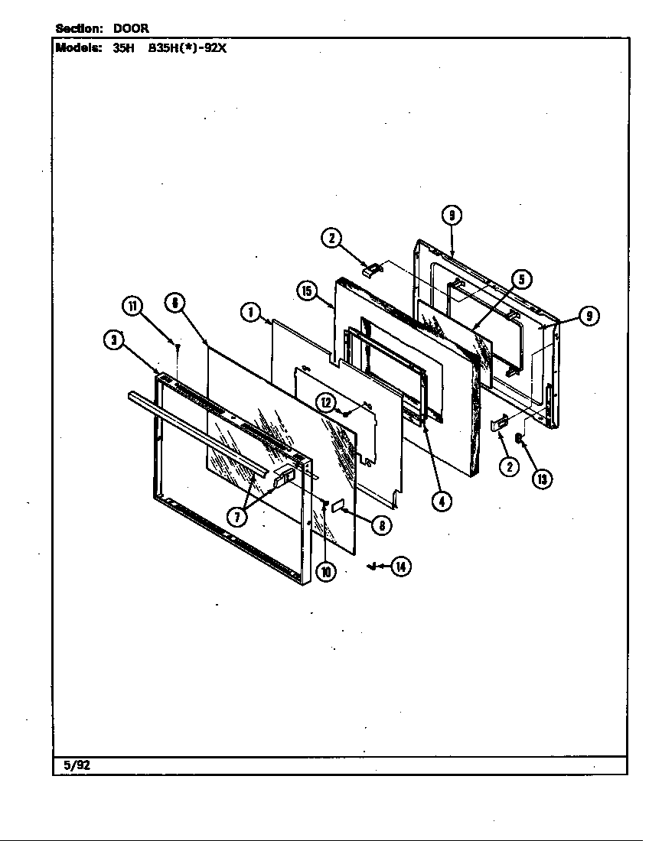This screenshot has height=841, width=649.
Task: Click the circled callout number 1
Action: tap(249, 311)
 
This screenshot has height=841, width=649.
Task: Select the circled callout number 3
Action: tap(114, 342)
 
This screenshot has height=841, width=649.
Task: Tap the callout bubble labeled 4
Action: tap(441, 501)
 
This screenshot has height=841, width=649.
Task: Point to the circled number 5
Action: tap(521, 279)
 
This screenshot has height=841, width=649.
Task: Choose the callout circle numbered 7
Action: tap(238, 516)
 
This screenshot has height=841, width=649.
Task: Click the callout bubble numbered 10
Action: tap(326, 571)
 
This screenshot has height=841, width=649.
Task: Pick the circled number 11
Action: tap(133, 307)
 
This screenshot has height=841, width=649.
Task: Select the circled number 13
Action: tap(542, 479)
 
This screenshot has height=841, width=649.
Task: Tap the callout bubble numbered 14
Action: tap(401, 567)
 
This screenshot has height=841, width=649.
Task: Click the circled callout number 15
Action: tap(307, 291)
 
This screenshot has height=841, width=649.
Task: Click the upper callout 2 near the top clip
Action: tap(331, 238)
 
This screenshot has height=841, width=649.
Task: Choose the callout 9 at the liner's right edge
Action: tap(589, 316)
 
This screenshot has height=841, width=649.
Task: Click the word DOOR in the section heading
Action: tap(131, 28)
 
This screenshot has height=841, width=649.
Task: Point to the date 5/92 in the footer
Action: tap(72, 765)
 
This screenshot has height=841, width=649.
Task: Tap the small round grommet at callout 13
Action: tap(519, 438)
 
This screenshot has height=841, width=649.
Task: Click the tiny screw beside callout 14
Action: tap(372, 567)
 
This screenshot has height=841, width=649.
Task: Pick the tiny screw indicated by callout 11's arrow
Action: tap(178, 346)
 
